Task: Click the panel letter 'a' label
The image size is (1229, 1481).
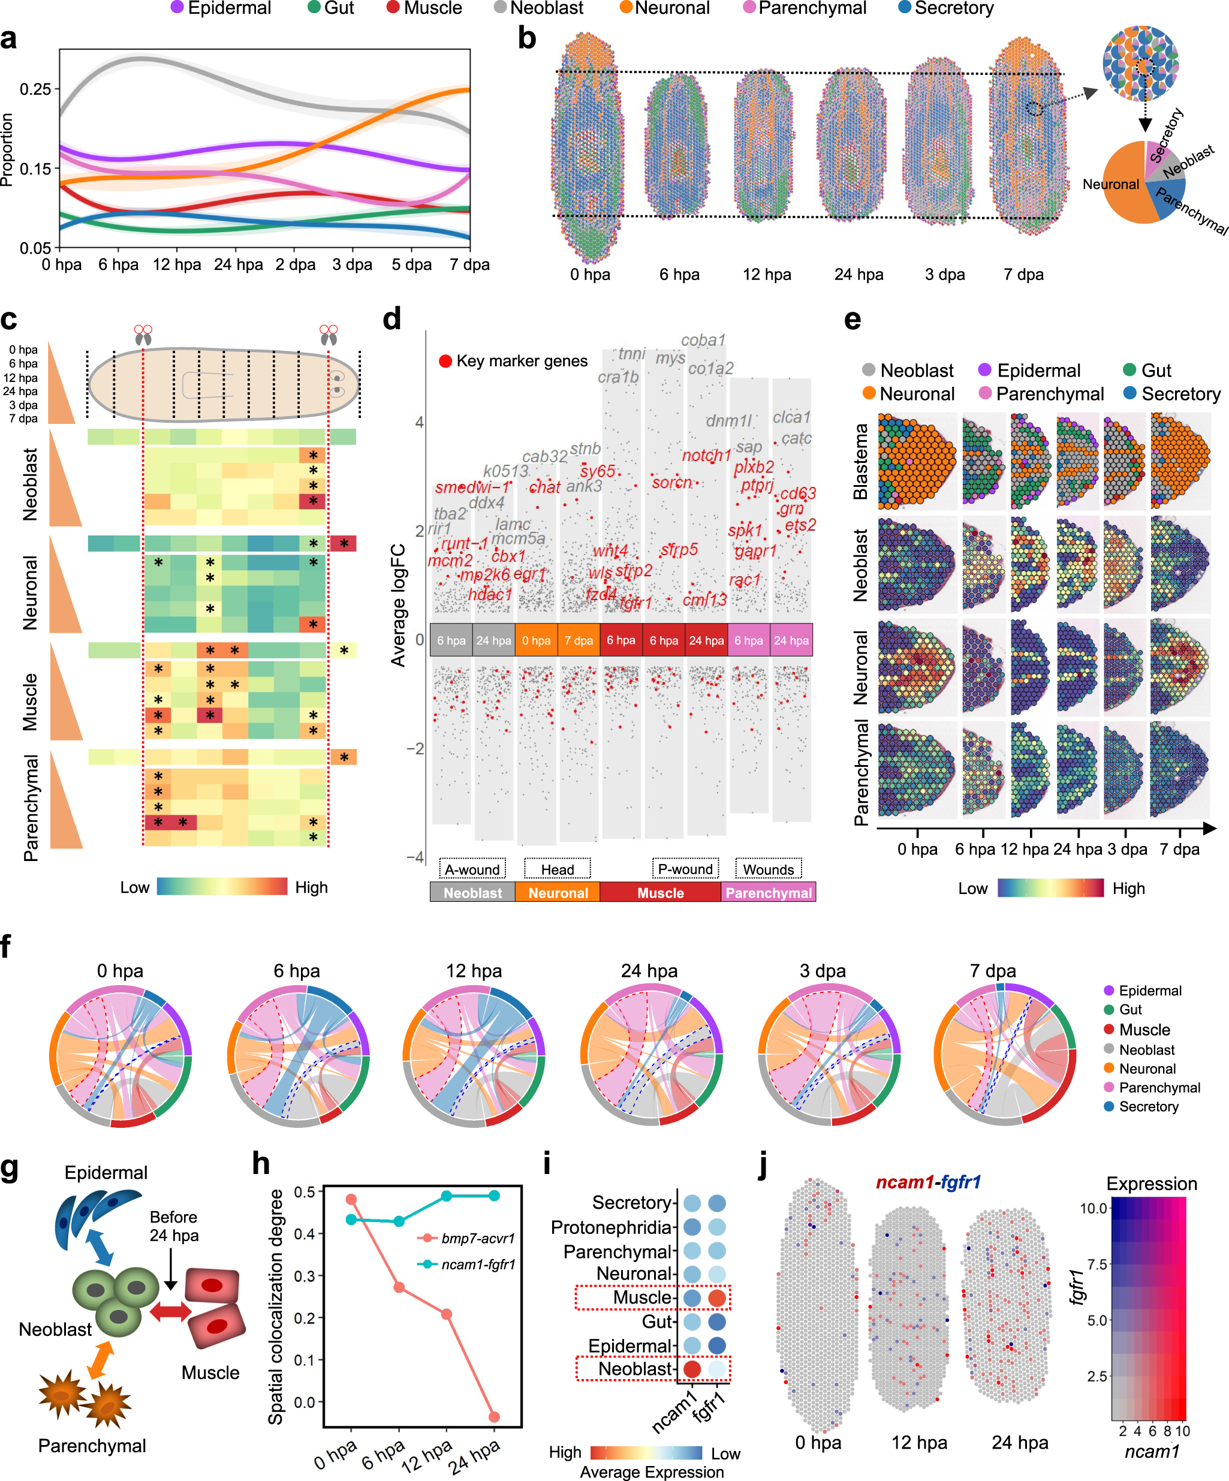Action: tap(9, 39)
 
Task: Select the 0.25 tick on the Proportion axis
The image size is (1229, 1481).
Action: tap(35, 89)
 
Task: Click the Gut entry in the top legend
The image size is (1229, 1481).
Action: tap(331, 8)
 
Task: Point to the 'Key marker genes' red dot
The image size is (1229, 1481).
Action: tap(445, 361)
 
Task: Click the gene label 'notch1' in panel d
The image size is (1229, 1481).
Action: tap(706, 455)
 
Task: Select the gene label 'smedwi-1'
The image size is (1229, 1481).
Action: tap(472, 487)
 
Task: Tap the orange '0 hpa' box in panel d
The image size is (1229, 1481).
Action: tap(536, 640)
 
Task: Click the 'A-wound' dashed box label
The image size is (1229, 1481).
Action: tap(472, 869)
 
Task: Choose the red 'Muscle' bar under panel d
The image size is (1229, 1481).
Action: tap(660, 893)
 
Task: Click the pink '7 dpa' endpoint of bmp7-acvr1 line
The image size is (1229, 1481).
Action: tap(493, 1417)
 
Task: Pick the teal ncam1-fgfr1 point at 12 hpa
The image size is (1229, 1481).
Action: tap(446, 1196)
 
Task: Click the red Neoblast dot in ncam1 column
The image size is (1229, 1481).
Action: tap(692, 1369)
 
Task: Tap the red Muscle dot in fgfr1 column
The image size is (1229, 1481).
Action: tap(716, 1298)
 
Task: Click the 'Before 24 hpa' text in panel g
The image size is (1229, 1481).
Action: tap(173, 1226)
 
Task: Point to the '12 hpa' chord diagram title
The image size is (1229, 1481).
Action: tap(473, 971)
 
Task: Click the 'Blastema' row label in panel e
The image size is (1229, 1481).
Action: tap(860, 462)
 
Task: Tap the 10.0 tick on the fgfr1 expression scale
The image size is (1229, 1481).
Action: tap(1093, 1208)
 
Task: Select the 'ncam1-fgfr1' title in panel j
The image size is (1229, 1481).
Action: tap(928, 1182)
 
